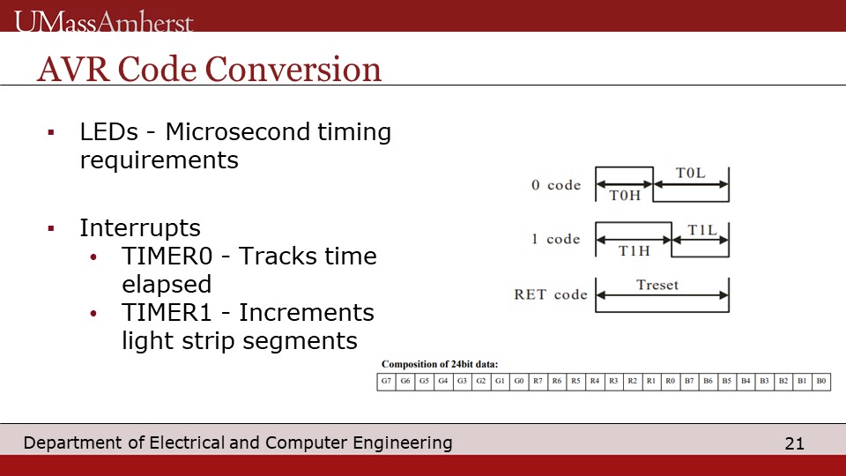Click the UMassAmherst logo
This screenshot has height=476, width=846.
tap(104, 21)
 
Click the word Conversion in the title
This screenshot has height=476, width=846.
tap(293, 70)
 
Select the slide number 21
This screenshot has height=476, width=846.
tap(794, 443)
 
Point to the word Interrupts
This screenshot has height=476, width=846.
tap(140, 227)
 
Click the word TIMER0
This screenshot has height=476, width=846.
tap(167, 256)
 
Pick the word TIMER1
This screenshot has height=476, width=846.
tap(167, 312)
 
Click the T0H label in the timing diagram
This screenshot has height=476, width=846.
tap(625, 196)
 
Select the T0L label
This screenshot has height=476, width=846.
tap(691, 174)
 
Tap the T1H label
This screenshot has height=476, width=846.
tap(634, 251)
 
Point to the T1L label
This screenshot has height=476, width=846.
tap(702, 230)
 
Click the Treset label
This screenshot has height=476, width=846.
tap(657, 285)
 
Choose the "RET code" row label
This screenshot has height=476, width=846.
tap(550, 294)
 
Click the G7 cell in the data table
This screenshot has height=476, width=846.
tap(386, 382)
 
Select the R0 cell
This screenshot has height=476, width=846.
tap(670, 382)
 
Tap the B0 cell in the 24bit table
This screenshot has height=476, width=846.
tap(821, 382)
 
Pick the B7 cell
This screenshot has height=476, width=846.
tap(689, 382)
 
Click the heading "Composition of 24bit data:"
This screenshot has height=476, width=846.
tap(440, 364)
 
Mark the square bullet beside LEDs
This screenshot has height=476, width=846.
tap(51, 132)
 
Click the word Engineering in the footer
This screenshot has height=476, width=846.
tap(403, 443)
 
